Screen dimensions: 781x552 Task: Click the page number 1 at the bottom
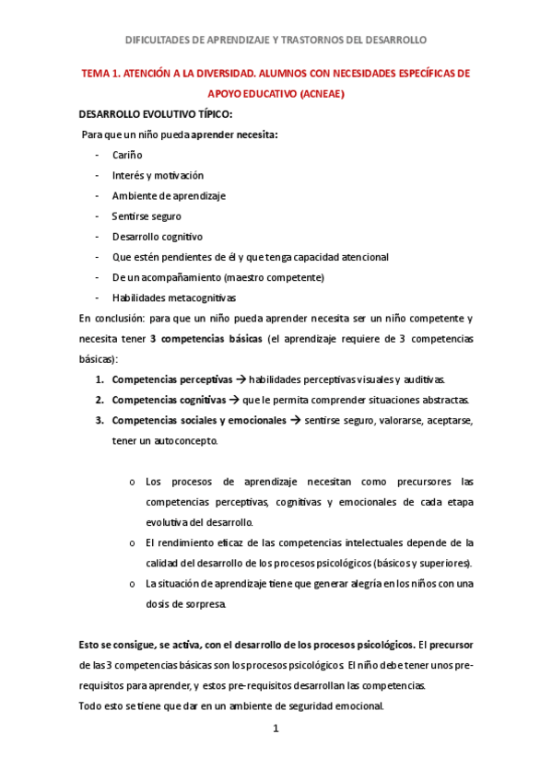(x=276, y=729)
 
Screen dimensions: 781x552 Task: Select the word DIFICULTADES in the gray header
(x=163, y=41)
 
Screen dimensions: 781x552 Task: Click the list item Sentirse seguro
(x=147, y=216)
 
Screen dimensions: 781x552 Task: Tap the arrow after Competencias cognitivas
(x=233, y=400)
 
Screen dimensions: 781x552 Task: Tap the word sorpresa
(x=202, y=604)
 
